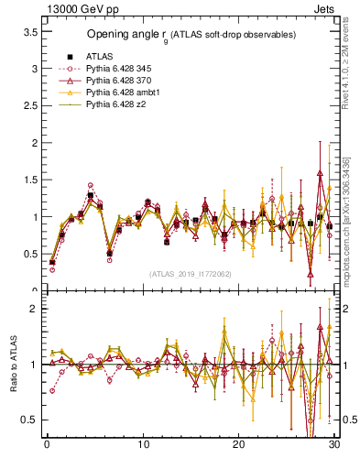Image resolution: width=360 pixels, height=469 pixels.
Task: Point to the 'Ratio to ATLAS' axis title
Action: click(14, 365)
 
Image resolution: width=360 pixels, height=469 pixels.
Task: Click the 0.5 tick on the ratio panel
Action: click(30, 420)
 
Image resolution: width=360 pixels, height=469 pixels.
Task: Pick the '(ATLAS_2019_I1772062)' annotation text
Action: click(190, 274)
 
